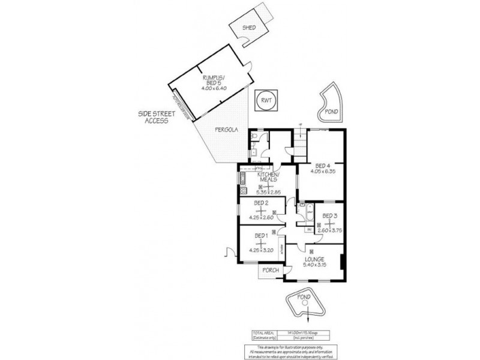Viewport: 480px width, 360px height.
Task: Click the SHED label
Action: [x=248, y=28]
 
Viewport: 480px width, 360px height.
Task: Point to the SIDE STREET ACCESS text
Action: [x=152, y=117]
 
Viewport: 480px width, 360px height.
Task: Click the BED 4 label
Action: [x=323, y=165]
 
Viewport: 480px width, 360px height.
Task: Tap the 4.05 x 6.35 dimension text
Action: [x=323, y=172]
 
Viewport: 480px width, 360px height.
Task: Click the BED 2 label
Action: [x=261, y=203]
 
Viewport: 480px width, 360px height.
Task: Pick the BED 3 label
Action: [x=329, y=215]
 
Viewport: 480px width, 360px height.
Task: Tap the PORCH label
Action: [x=271, y=271]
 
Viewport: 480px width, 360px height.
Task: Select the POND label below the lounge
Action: [x=305, y=297]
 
